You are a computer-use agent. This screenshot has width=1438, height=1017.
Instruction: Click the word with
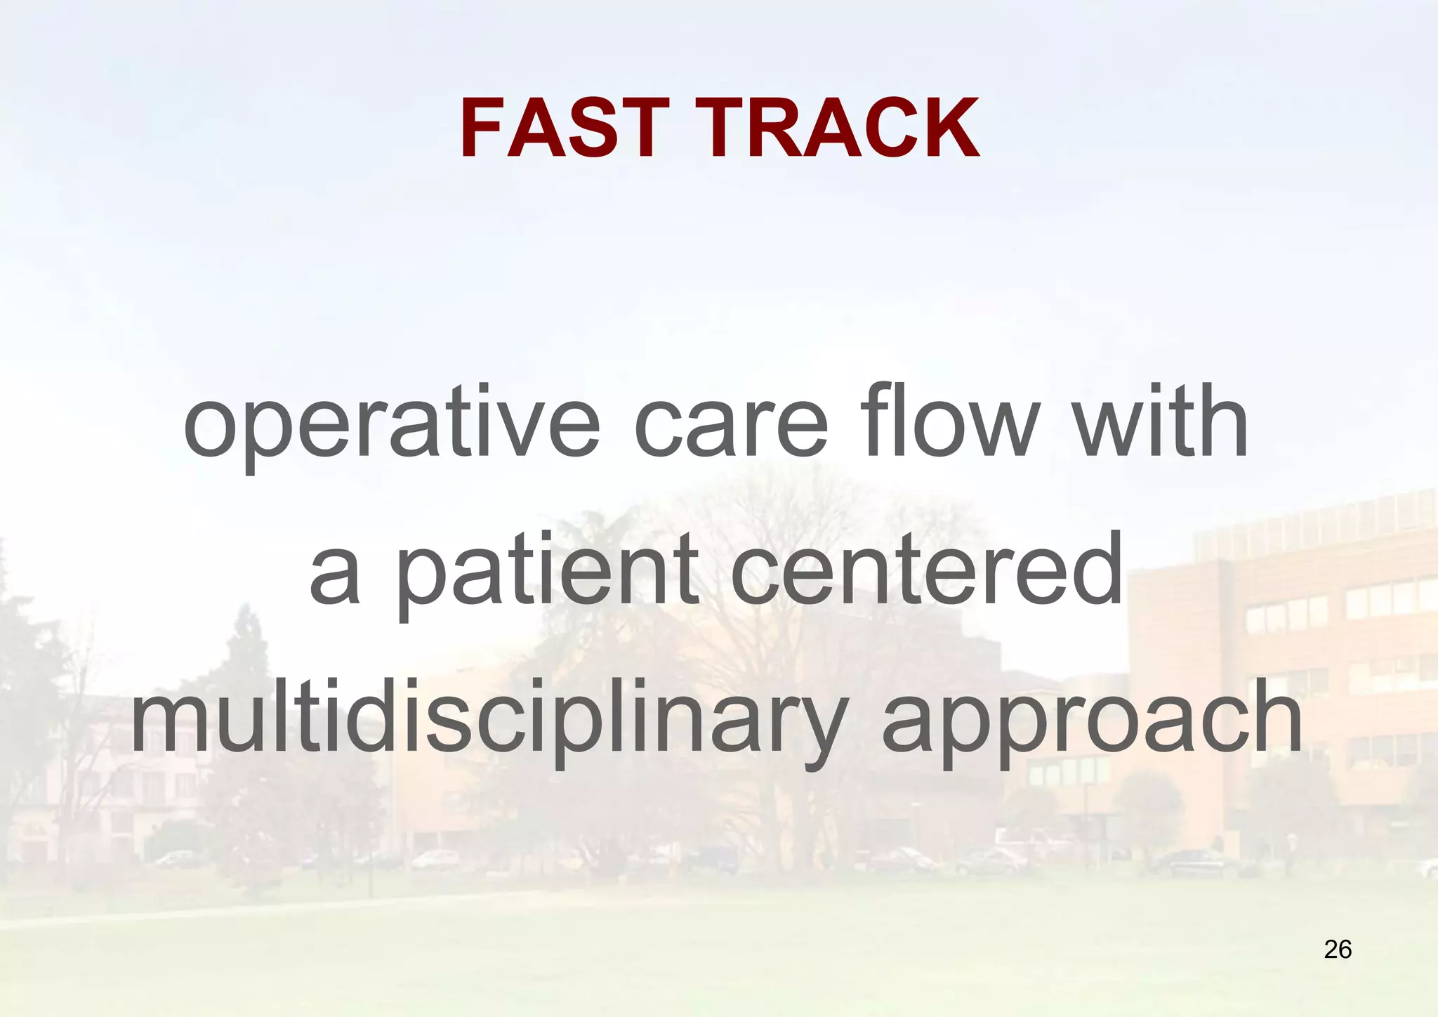[1162, 421]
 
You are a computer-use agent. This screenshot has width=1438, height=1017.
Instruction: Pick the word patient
[548, 572]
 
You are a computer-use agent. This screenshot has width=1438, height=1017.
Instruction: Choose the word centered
[927, 569]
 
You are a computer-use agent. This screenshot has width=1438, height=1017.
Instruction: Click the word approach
[1092, 720]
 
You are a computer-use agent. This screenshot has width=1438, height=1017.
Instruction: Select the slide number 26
[1338, 950]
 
